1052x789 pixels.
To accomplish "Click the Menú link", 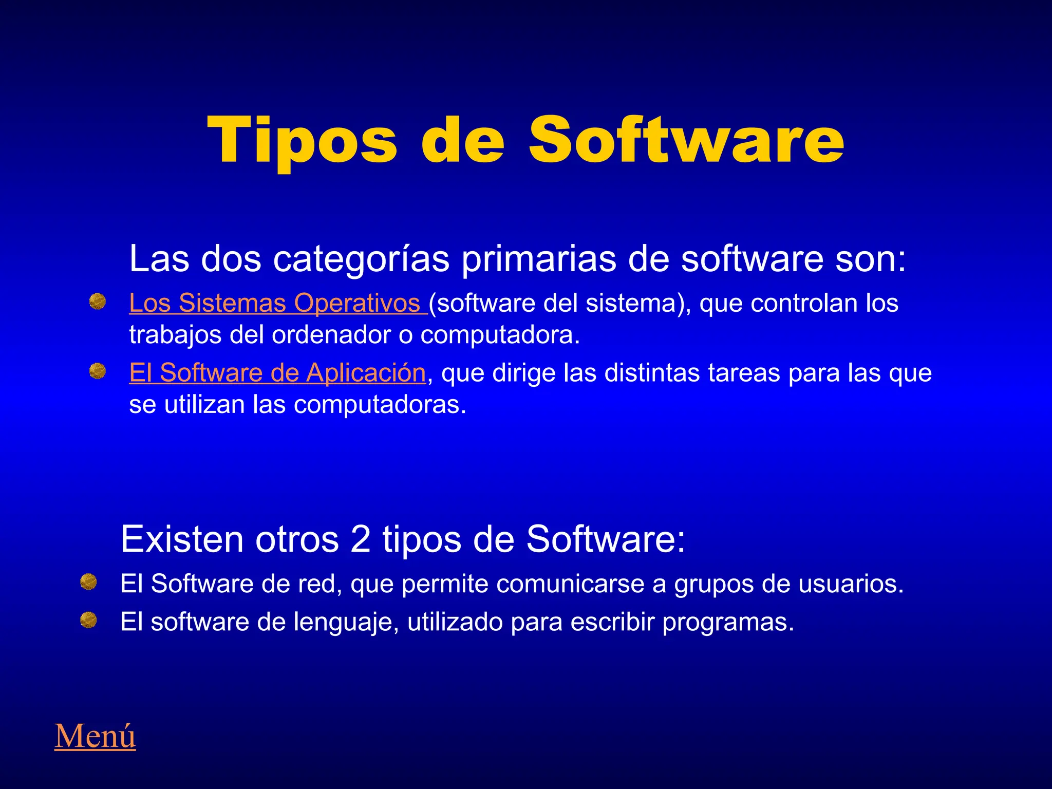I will click(x=95, y=736).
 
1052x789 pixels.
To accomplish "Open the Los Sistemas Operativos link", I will click(x=277, y=303).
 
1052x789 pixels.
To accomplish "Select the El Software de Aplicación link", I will click(x=277, y=373).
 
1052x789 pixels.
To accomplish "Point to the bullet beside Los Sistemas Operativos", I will click(x=97, y=302).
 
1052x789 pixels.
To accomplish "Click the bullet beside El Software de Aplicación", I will click(x=97, y=371).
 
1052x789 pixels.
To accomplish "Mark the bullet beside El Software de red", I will click(x=88, y=582).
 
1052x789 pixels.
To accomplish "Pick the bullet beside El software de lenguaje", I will click(x=88, y=620).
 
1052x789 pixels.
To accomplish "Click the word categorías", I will click(x=361, y=259).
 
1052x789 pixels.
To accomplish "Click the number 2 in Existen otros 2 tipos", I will click(x=361, y=539).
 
